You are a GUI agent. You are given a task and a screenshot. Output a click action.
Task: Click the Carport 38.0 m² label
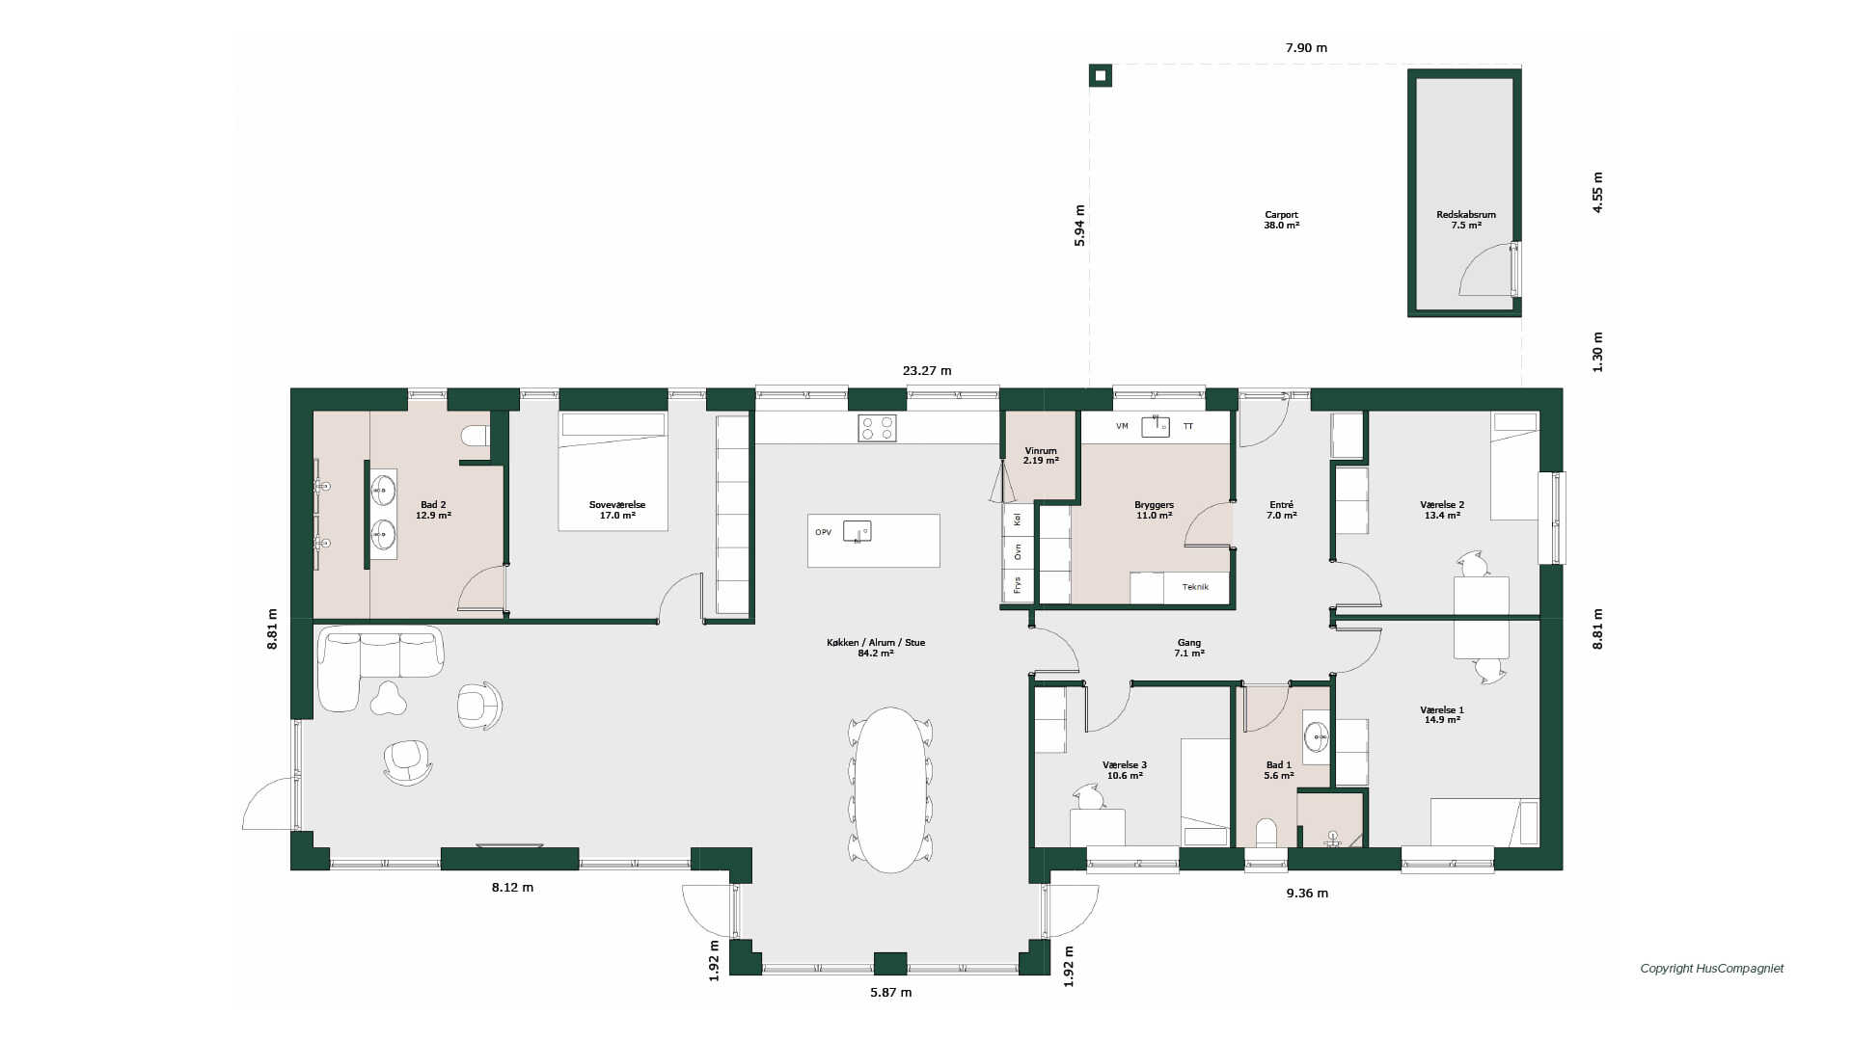pos(1281,220)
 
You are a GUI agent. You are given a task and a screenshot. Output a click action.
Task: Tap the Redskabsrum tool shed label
pos(1465,220)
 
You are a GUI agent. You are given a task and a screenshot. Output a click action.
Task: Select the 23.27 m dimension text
pos(926,370)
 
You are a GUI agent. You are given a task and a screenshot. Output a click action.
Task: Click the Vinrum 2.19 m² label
pos(1041,456)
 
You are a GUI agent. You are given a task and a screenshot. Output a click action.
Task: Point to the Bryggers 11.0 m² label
pos(1154,510)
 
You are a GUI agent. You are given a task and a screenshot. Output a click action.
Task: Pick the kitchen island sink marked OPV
pos(857,531)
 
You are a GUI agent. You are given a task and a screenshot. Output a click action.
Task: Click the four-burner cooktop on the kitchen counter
pos(877,428)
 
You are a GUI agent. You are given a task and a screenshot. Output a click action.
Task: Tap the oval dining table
pos(891,789)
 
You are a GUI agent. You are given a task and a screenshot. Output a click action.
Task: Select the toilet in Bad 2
pos(476,436)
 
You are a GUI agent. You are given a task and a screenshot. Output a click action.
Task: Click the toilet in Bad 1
pos(1266,833)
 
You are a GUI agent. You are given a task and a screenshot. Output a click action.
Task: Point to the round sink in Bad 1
pos(1317,737)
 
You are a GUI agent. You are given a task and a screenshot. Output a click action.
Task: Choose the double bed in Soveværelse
pos(613,471)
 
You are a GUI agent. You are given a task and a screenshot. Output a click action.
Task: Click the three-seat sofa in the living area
pos(381,654)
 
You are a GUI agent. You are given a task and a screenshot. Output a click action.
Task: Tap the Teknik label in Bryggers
pos(1195,587)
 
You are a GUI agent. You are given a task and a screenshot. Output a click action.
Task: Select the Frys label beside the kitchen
pos(1017,585)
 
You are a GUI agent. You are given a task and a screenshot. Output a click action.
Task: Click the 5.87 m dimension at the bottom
pos(890,992)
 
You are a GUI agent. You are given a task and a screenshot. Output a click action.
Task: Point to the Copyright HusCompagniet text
pos(1712,969)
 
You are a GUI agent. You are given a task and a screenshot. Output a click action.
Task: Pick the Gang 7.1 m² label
pos(1188,648)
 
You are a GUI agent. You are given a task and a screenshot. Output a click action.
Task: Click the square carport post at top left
pos(1101,75)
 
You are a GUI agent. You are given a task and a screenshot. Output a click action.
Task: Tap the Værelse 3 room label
pos(1125,765)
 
